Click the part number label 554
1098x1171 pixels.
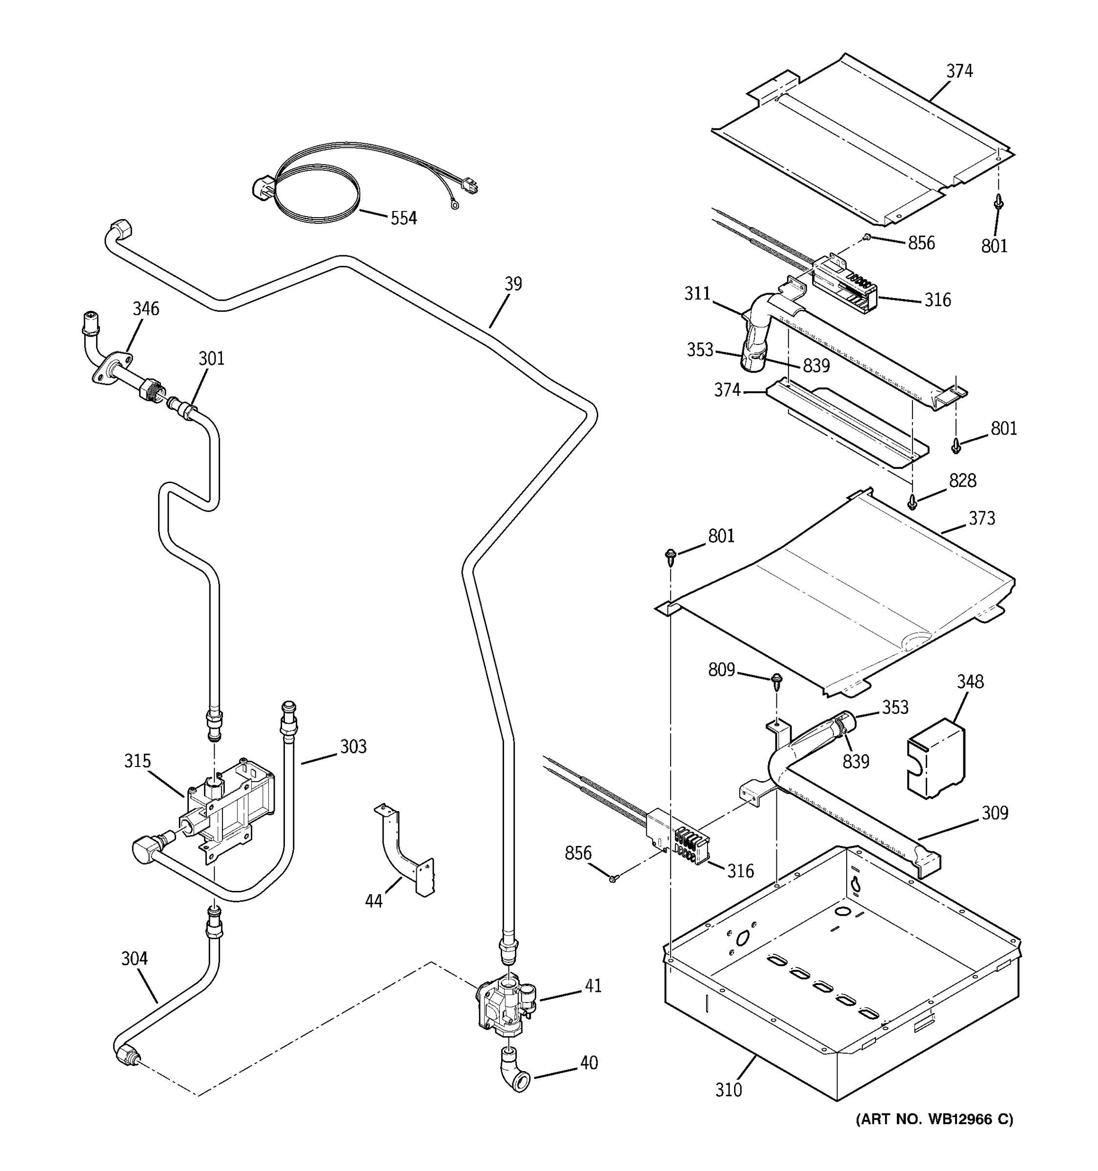404,219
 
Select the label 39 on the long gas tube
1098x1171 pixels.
513,284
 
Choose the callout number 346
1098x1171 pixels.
145,309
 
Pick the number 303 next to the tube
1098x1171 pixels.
353,747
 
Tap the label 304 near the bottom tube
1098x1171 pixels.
134,959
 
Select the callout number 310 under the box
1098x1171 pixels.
729,1090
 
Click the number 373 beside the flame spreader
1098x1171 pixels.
982,518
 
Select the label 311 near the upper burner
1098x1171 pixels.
697,293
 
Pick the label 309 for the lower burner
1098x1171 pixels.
995,813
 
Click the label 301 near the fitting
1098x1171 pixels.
211,358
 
